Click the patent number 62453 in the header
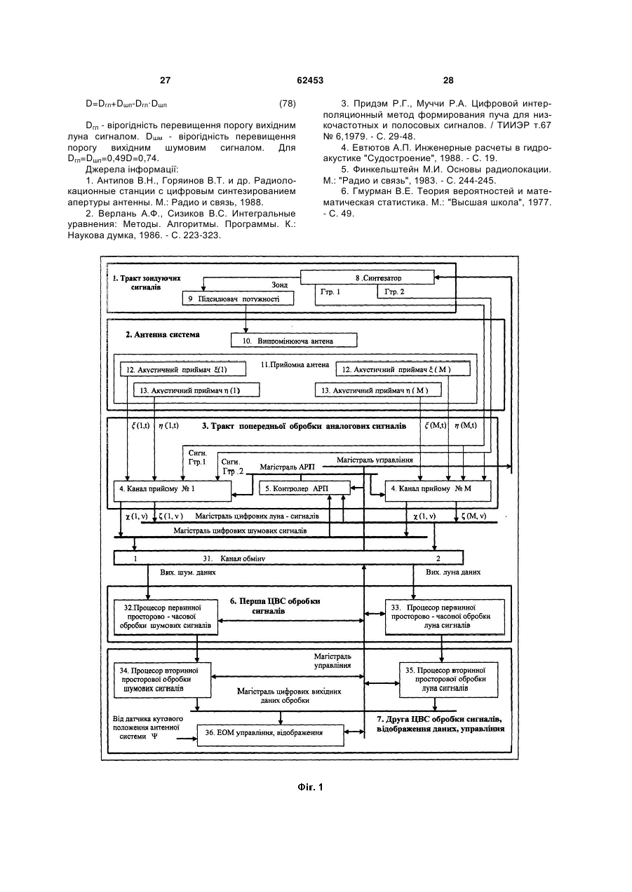(x=310, y=81)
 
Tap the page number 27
(x=165, y=81)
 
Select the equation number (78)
(x=288, y=104)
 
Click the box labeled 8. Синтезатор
(x=368, y=277)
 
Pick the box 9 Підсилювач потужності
(x=238, y=299)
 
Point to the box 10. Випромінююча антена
(x=295, y=341)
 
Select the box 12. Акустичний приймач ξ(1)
(x=183, y=369)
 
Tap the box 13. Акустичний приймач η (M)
(x=378, y=390)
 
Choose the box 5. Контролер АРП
(x=304, y=488)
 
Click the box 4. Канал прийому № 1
(x=173, y=491)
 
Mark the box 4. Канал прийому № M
(x=438, y=491)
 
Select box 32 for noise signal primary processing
(x=166, y=617)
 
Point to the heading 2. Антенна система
(x=163, y=334)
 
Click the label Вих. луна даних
(x=453, y=572)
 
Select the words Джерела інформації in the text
(x=132, y=170)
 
